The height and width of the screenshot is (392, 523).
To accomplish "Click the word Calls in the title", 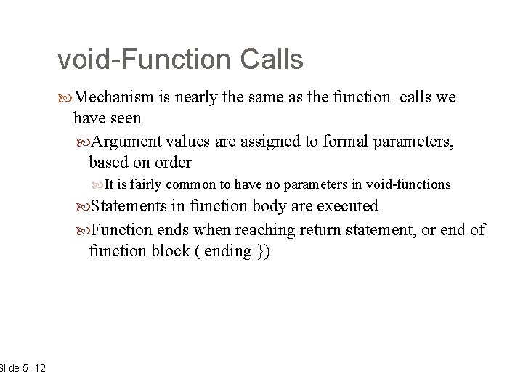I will pos(272,60).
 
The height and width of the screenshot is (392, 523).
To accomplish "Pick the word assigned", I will pos(275,142).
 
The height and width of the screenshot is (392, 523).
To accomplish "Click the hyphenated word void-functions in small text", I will pos(409,184).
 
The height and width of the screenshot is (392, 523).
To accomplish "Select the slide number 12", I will pos(39,369).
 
